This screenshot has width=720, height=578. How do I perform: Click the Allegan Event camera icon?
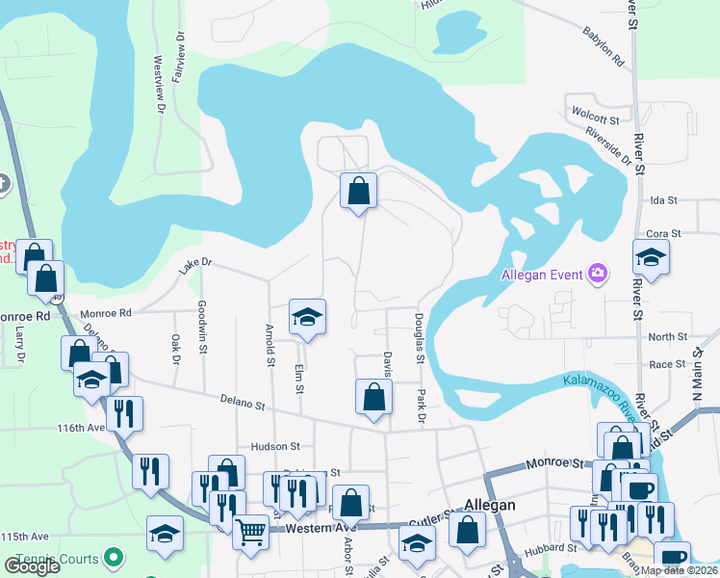(598, 275)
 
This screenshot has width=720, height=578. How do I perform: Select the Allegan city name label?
(491, 505)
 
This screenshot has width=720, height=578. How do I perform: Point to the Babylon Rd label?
(604, 46)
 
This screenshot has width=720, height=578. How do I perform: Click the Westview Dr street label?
(159, 70)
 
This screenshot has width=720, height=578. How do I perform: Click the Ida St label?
(664, 201)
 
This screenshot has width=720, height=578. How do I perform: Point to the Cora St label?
(664, 233)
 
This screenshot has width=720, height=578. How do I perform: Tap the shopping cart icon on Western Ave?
(250, 530)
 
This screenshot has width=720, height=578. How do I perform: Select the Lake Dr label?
(193, 267)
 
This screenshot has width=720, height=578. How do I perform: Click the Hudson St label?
(275, 447)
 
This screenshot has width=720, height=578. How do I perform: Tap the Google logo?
(32, 566)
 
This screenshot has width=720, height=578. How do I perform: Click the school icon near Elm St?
(307, 317)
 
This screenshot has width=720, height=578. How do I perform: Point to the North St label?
(667, 337)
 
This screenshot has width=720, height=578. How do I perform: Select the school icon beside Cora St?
(652, 257)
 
